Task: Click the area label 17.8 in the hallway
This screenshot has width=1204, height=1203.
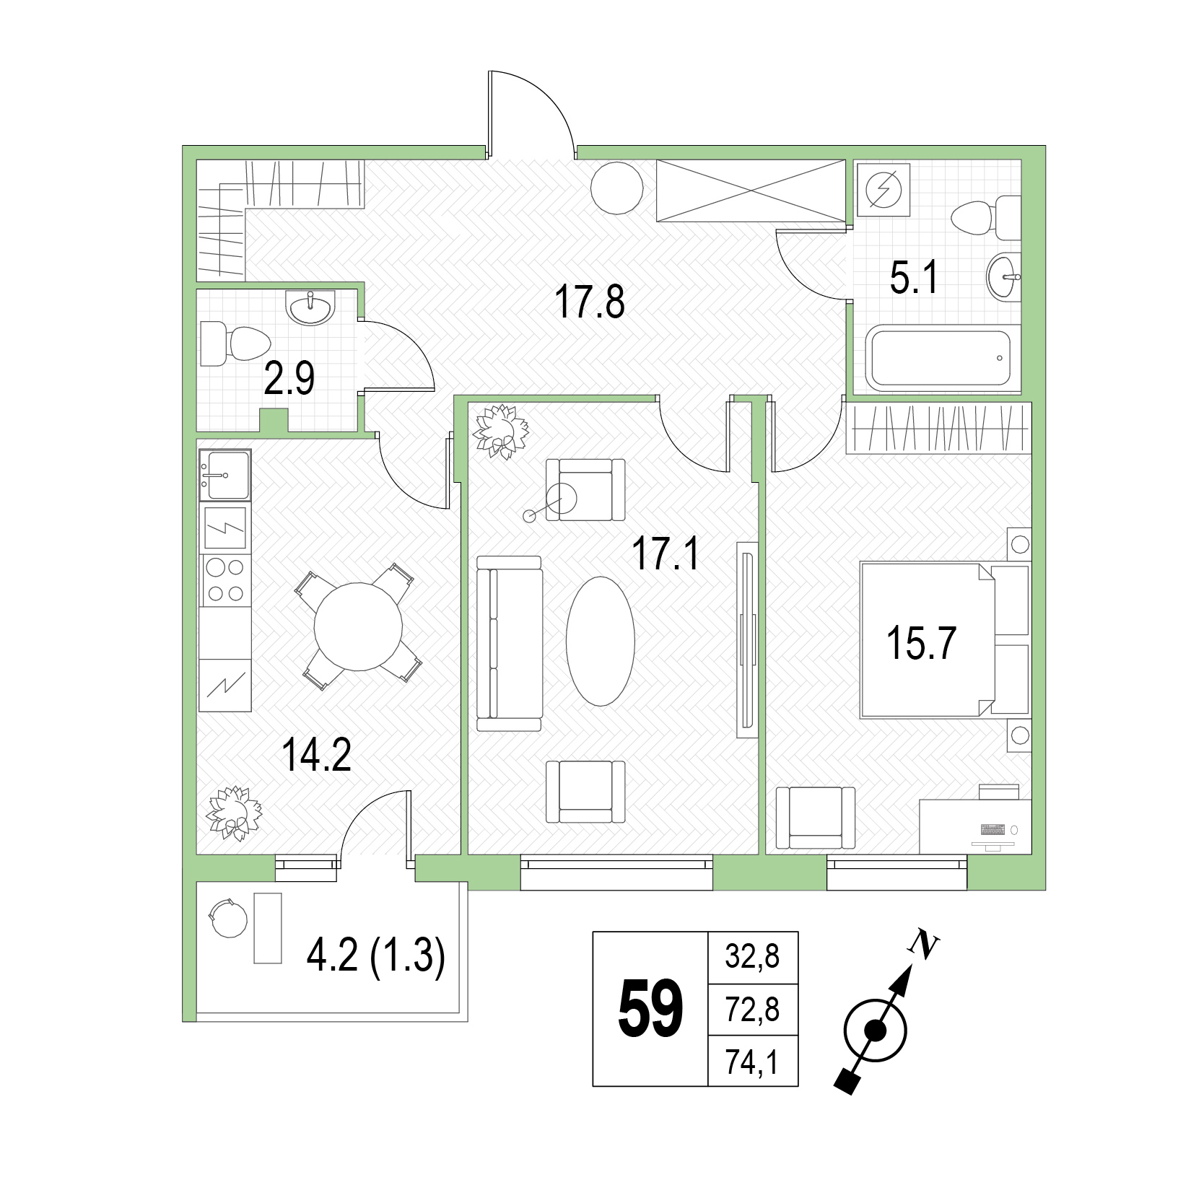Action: pos(590,302)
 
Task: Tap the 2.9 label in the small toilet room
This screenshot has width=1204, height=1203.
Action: pos(289,379)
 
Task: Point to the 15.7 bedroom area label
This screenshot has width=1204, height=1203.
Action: pos(921,644)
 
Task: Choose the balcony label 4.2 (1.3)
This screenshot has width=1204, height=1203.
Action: pos(376,958)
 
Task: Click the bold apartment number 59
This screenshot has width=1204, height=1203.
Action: pos(650,1009)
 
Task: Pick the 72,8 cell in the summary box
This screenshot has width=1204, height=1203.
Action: pos(753,1010)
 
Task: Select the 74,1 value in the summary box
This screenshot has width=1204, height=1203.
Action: pos(753,1062)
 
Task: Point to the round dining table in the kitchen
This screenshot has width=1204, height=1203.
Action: pos(358,626)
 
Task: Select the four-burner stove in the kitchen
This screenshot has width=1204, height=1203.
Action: pos(225,581)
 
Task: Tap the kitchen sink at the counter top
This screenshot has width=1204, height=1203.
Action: pos(225,475)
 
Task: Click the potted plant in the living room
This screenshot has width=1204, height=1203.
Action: pos(500,431)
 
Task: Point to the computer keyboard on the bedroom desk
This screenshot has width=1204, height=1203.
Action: pos(993,830)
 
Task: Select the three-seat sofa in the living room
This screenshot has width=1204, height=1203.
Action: pos(509,644)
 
